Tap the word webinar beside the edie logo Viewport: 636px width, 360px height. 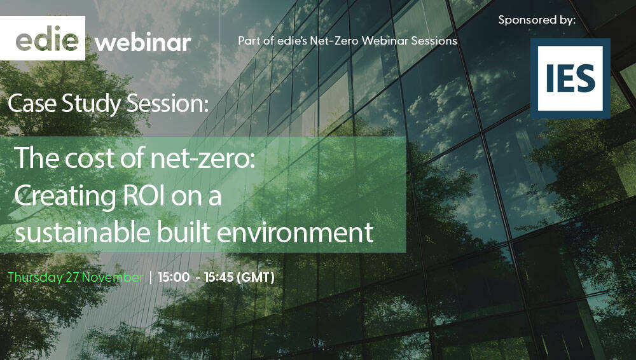click(x=143, y=43)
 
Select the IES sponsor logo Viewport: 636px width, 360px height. click(x=570, y=78)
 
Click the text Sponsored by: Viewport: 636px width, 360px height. click(x=537, y=20)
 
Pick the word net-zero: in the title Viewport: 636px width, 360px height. click(x=204, y=159)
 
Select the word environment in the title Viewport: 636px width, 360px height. click(x=295, y=233)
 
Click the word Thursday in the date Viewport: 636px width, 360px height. click(x=35, y=278)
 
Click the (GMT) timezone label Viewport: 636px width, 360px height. click(x=255, y=278)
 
